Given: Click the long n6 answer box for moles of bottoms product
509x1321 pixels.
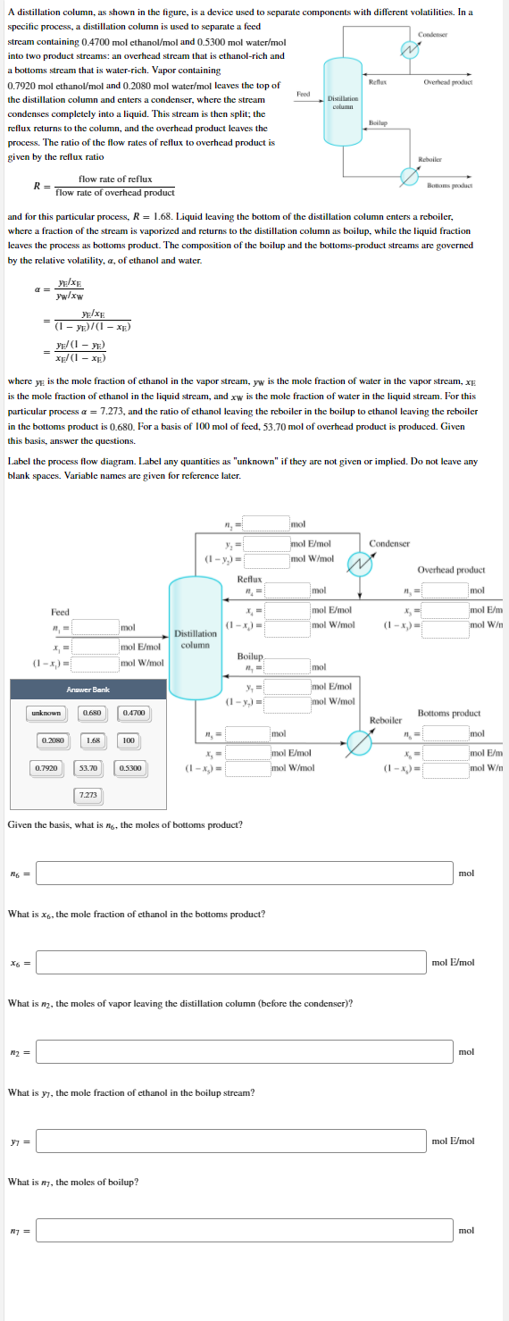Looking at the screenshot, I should click(x=244, y=873).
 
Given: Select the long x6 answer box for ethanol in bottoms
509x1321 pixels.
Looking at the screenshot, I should click(x=230, y=962).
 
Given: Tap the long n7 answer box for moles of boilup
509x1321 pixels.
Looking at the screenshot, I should click(x=244, y=1230).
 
